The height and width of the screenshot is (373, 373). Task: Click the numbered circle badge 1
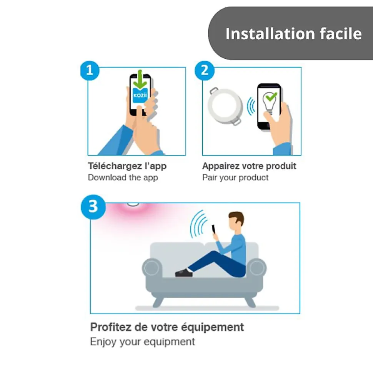coord(90,70)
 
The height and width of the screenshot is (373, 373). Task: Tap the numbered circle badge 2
coord(204,70)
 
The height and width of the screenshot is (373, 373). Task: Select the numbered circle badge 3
coord(93,207)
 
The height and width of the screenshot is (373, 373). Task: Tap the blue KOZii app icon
coord(140,96)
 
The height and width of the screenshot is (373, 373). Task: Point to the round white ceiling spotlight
coord(225,106)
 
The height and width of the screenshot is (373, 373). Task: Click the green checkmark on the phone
coord(271,96)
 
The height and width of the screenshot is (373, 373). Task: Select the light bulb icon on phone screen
coord(269,103)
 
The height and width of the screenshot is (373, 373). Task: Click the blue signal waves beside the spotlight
coord(251,106)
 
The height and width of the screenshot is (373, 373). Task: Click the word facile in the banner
coord(341,33)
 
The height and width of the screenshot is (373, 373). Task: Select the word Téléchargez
coord(115,166)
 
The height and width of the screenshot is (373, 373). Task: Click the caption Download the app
coord(123,177)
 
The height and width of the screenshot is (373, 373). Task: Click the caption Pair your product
coord(235,177)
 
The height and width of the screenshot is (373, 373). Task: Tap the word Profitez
coord(110,327)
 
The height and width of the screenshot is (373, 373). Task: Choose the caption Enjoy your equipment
coord(142,342)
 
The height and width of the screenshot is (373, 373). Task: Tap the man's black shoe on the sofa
coord(184,273)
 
